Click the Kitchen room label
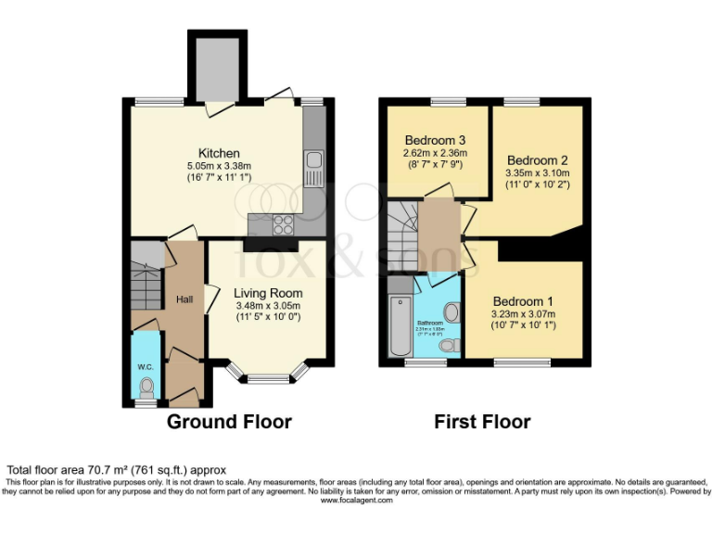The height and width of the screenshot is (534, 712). [x=219, y=153]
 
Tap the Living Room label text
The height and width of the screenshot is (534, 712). [x=267, y=293]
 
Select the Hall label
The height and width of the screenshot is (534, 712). [x=184, y=299]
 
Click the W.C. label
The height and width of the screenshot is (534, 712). [x=145, y=366]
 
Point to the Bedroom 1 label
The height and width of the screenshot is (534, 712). [x=523, y=301]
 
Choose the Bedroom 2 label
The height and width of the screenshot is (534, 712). [x=538, y=159]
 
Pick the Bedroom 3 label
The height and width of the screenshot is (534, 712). [x=434, y=140]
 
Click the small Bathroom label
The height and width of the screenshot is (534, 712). [x=429, y=324]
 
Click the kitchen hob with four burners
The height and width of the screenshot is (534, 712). [x=281, y=224]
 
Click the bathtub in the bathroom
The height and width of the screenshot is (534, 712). [x=400, y=327]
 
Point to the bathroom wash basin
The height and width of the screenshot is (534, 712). [x=451, y=312]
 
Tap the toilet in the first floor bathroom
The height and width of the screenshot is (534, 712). [x=450, y=346]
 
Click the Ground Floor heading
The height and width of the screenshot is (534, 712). [x=229, y=423]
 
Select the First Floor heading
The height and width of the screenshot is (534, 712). [x=482, y=423]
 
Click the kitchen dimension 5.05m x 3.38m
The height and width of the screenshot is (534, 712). [x=219, y=167]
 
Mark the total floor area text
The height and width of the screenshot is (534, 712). [x=116, y=470]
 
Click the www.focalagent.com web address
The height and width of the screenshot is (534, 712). [x=356, y=500]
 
